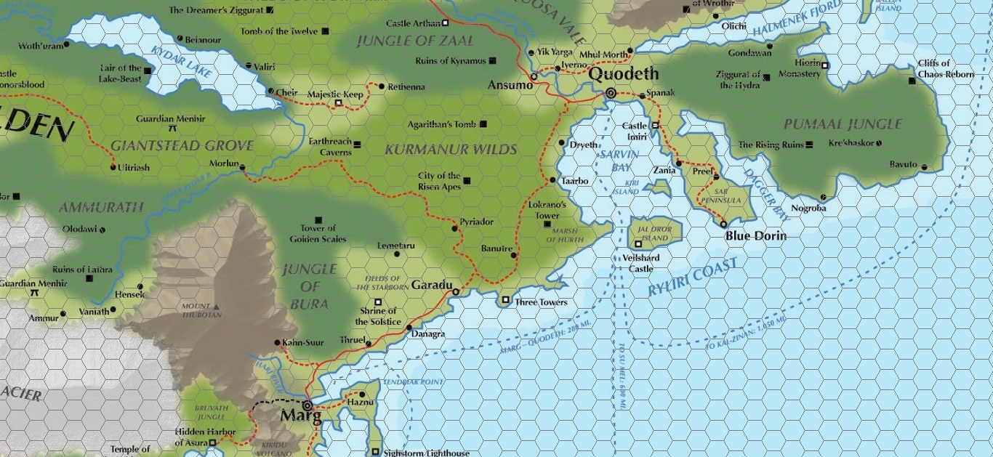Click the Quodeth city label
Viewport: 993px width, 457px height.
pos(623,74)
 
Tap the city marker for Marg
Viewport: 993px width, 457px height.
pos(307,405)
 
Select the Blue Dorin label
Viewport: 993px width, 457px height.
pos(755,236)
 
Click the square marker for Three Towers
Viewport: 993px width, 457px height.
pos(506,299)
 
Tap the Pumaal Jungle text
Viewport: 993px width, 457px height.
pos(843,124)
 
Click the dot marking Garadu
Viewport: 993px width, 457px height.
pos(456,292)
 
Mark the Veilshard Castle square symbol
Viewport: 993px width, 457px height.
pos(638,244)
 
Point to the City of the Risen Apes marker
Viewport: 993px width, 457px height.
pos(467,181)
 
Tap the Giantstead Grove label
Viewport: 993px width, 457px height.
pos(182,146)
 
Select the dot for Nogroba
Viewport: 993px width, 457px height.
pos(823,197)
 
